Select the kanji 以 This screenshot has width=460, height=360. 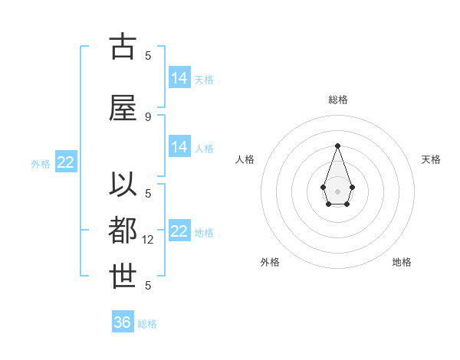tap(123, 186)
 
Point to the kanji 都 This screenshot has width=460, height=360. tap(123, 231)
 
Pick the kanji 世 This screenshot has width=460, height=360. tap(123, 277)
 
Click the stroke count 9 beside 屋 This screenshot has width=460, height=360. tap(148, 116)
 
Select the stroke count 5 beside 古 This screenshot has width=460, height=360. tap(148, 55)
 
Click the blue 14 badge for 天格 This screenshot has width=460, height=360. tap(179, 78)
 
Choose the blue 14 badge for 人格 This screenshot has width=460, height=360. tap(179, 147)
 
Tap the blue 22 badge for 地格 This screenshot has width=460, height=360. tap(179, 231)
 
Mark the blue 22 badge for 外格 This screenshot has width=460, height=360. tap(66, 162)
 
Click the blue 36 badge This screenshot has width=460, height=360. tap(123, 322)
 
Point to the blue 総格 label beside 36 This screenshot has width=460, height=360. tap(147, 324)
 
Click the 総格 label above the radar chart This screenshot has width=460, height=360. tap(338, 100)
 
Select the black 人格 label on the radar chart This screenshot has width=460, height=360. tap(245, 159)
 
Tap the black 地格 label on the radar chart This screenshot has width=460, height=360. tap(402, 262)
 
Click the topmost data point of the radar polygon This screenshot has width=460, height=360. tap(337, 146)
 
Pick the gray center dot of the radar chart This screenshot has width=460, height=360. tap(337, 190)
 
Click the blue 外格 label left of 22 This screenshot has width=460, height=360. tap(40, 163)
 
